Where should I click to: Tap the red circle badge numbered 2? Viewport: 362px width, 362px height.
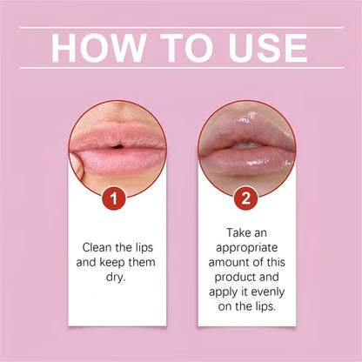[x=246, y=198]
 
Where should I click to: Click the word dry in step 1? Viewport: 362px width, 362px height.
[x=117, y=278]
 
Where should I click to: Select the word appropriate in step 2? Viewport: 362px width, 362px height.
[x=246, y=248]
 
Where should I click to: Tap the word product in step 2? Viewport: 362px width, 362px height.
[x=246, y=278]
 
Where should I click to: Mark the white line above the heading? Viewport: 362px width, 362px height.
[x=181, y=27]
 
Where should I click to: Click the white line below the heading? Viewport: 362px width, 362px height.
[x=181, y=68]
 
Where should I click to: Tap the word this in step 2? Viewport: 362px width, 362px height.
[x=278, y=263]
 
